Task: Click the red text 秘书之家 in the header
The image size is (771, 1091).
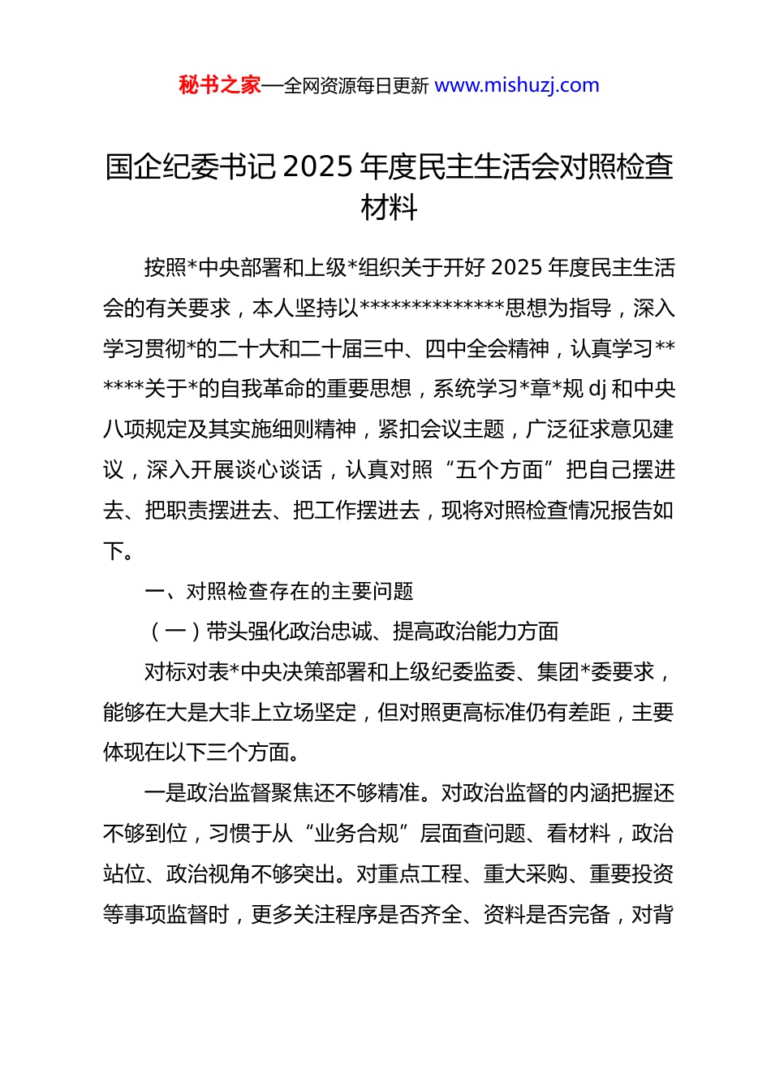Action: pos(220,85)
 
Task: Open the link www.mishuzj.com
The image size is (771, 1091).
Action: pos(517,85)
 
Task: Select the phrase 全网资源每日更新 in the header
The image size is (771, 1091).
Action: pos(356,86)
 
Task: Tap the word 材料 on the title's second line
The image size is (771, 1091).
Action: pos(390,208)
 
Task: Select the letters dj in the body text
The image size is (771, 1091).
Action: pos(597,389)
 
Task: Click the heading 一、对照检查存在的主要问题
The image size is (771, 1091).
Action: pos(279,591)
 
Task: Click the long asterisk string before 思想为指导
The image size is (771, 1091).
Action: pos(432,309)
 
